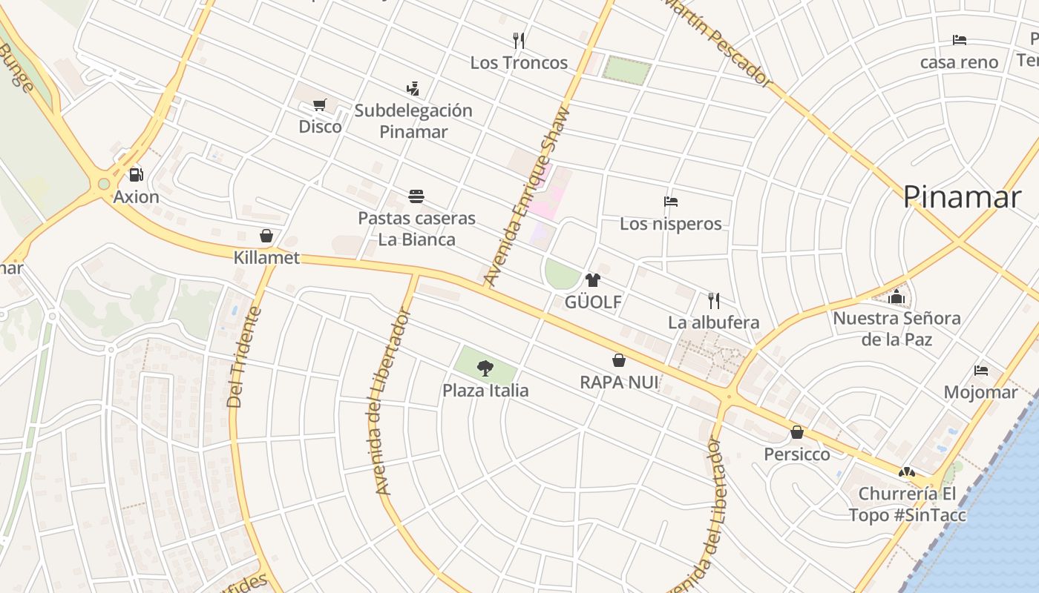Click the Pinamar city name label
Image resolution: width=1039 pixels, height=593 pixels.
962,197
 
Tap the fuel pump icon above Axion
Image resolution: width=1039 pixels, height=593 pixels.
136,175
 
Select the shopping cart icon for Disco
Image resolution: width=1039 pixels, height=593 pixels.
320,105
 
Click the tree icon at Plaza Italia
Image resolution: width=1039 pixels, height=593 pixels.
485,368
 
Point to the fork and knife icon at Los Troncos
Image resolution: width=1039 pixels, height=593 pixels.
519,40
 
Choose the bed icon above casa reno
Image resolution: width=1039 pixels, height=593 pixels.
960,40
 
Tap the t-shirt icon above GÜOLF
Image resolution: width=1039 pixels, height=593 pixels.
592,280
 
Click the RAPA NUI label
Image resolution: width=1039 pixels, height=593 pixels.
619,382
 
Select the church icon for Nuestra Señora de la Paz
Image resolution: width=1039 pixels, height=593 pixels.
897,296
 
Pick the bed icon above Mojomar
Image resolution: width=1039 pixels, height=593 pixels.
981,370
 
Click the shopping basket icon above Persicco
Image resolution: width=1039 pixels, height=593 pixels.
797,432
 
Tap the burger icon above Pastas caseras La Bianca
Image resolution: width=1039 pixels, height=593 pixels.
416,196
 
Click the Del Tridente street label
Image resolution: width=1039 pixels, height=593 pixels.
244,357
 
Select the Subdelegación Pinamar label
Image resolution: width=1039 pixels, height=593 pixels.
413,121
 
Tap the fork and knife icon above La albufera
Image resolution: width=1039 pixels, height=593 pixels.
714,300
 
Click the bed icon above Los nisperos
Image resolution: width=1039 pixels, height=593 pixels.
671,202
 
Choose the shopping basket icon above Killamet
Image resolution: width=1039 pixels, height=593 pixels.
266,236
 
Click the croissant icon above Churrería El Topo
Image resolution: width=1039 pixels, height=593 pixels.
906,472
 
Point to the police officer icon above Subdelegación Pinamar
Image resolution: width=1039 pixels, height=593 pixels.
413,89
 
